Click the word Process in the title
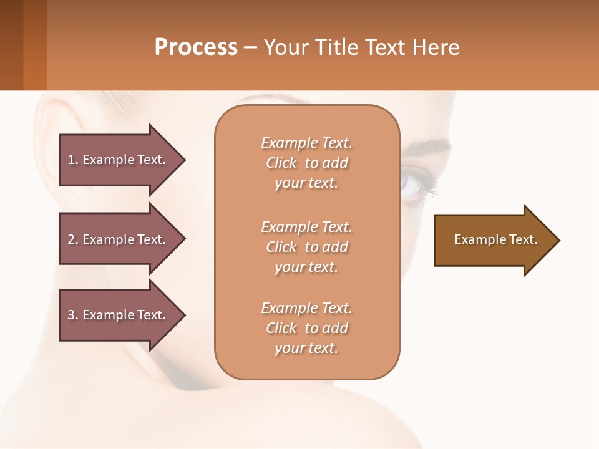click(x=196, y=47)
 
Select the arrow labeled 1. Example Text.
click(x=119, y=160)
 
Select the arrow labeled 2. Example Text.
click(x=119, y=239)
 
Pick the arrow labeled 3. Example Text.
click(x=119, y=315)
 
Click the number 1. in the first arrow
click(x=73, y=160)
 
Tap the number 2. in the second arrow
click(x=73, y=239)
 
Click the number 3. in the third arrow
click(x=73, y=315)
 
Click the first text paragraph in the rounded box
click(x=306, y=163)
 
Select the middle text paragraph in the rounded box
click(x=306, y=247)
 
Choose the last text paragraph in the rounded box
click(x=306, y=328)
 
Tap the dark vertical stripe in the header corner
click(x=11, y=45)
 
